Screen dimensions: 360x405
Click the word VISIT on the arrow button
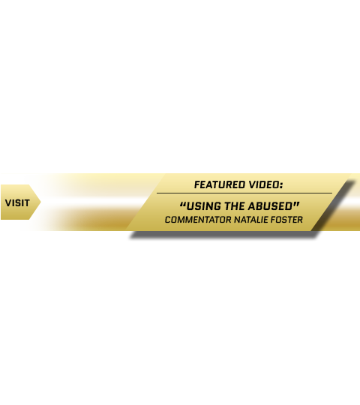17,203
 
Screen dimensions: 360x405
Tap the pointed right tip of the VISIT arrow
40,202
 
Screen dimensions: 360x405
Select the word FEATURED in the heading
220,185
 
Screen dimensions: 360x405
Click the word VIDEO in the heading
263,185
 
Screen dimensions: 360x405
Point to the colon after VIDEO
281,186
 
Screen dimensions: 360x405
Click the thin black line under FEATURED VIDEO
244,193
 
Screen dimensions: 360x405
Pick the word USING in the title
204,206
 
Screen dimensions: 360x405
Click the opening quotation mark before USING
183,204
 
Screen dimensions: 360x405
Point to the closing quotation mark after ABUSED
296,204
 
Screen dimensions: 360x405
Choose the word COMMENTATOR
198,220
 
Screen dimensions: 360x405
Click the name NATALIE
250,220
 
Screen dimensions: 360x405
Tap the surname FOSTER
286,220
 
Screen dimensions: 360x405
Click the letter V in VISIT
8,203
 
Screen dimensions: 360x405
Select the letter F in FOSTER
273,220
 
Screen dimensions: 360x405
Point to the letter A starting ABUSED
252,206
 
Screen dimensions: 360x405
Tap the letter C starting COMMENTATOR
168,220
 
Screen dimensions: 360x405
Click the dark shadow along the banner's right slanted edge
333,207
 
